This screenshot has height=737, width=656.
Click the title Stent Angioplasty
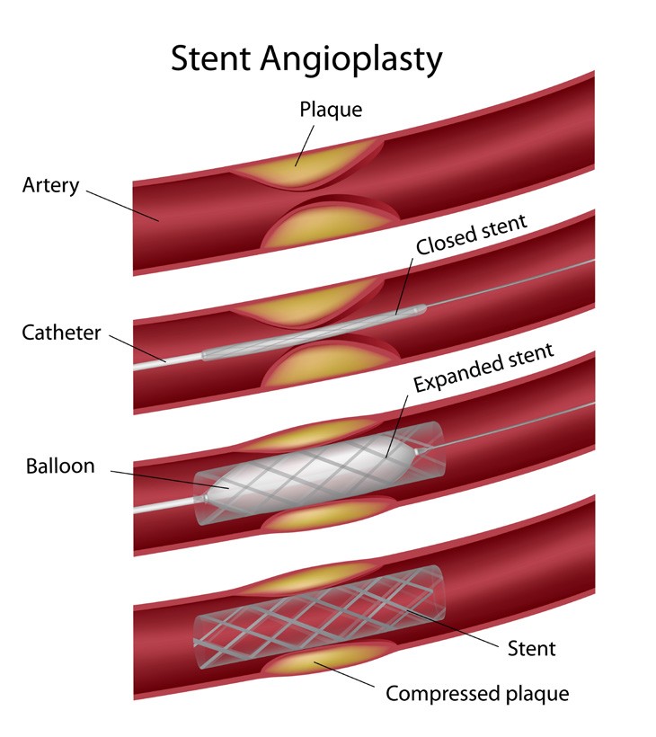click(x=306, y=58)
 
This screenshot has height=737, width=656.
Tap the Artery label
click(x=51, y=186)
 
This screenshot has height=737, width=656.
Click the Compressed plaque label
click(x=477, y=693)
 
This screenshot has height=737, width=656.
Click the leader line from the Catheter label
click(x=138, y=347)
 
